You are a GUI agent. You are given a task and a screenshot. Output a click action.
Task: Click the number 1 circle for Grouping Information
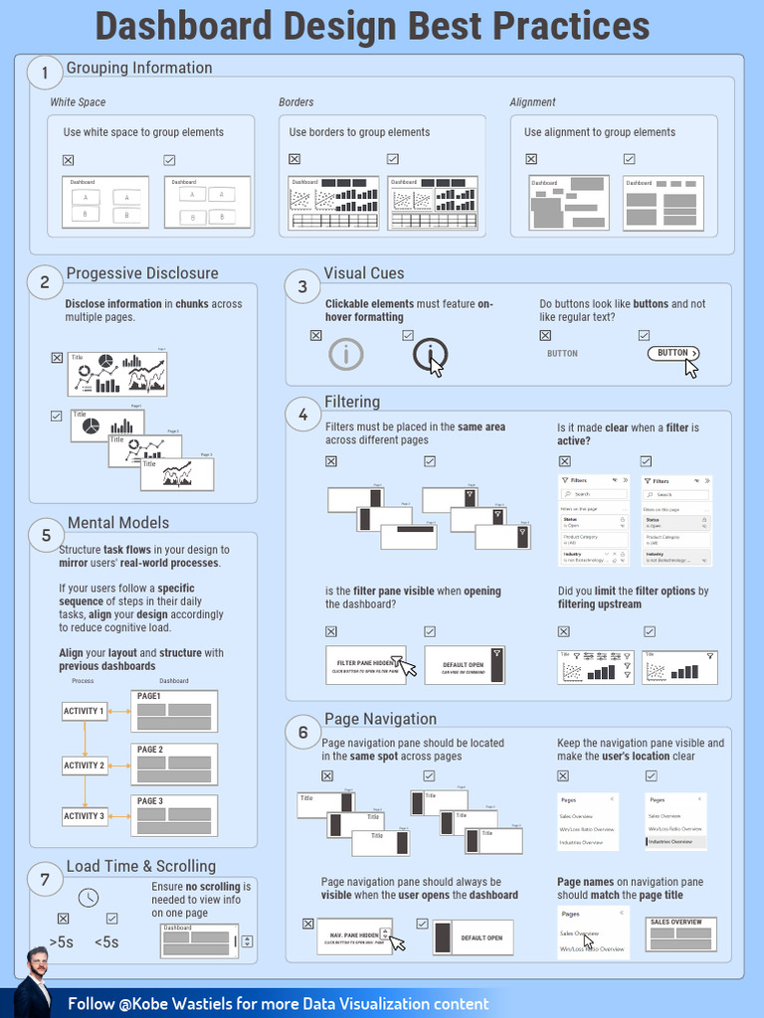(44, 72)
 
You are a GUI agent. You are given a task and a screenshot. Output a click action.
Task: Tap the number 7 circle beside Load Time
(44, 879)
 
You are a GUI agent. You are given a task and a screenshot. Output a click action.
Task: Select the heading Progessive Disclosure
(141, 273)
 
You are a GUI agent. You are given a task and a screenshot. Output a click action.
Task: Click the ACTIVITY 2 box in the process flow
(84, 765)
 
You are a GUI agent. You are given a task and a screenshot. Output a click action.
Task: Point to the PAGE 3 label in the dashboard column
(150, 801)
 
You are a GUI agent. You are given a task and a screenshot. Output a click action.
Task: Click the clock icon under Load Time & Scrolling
(89, 898)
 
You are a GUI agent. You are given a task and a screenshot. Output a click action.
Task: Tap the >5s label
(61, 942)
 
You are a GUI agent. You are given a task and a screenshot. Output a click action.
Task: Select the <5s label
(106, 942)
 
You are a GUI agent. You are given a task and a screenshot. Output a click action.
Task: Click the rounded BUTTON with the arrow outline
(673, 353)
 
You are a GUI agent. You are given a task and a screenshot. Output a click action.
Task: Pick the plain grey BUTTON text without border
(562, 354)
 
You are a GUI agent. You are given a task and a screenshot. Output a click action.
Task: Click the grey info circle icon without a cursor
(345, 354)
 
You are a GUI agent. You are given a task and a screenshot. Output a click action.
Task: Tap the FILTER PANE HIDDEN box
(366, 665)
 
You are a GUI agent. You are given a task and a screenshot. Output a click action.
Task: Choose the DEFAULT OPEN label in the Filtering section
(464, 665)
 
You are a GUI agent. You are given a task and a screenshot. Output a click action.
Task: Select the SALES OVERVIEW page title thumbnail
(680, 934)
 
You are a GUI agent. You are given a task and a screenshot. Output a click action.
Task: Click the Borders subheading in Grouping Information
(296, 102)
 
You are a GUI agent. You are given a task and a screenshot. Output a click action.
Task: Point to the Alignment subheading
(532, 102)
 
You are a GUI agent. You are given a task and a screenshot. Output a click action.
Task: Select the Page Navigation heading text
(380, 719)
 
